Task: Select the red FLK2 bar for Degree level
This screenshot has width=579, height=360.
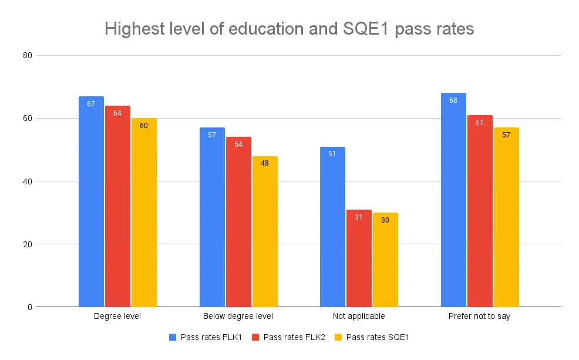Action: click(117, 206)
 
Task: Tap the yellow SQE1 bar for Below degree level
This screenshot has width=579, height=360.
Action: click(265, 231)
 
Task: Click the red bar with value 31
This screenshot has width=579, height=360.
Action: click(359, 258)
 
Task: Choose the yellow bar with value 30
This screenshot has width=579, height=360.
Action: click(385, 260)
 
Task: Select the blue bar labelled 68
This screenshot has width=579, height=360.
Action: click(453, 200)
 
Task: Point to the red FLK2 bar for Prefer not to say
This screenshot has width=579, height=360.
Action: click(480, 211)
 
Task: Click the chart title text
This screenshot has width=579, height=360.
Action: click(289, 29)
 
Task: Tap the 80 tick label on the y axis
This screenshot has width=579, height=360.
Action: click(27, 56)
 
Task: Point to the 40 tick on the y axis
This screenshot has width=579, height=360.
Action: click(27, 181)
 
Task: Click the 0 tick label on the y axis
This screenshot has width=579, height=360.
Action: click(29, 307)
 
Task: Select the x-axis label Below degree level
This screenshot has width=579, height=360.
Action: click(238, 317)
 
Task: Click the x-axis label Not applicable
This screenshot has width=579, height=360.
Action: click(359, 317)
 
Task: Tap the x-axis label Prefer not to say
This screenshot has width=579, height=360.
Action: click(480, 317)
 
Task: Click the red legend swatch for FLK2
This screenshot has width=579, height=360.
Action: click(256, 337)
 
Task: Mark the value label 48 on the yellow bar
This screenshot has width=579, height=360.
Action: click(265, 163)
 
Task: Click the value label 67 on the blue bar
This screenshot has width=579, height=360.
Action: click(91, 104)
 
